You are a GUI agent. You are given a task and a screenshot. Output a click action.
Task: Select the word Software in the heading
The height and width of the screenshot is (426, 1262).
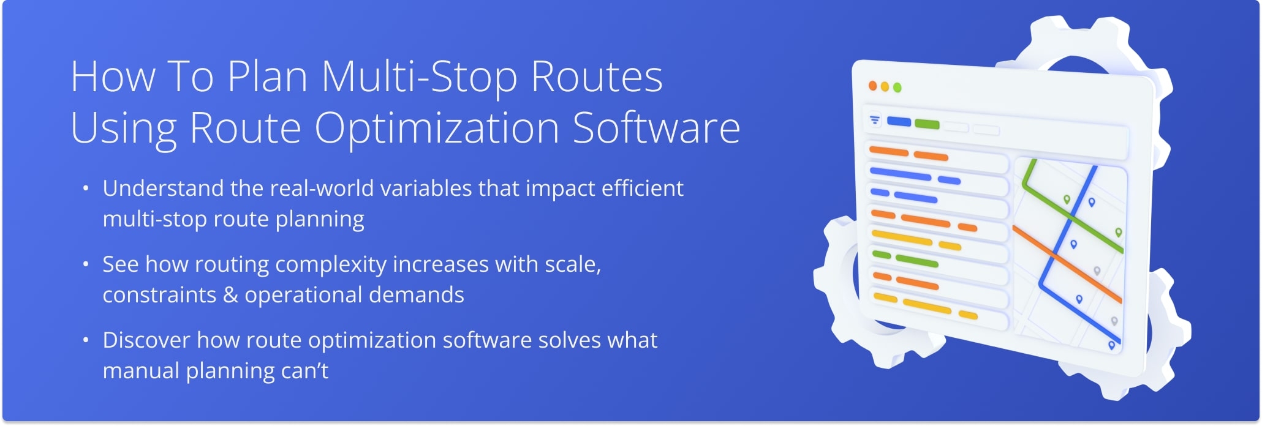pyautogui.click(x=656, y=129)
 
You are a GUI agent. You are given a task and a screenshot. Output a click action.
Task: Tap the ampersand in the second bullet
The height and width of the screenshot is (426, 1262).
pyautogui.click(x=230, y=295)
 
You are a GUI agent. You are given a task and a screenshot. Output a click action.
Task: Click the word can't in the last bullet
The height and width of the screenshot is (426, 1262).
pyautogui.click(x=306, y=371)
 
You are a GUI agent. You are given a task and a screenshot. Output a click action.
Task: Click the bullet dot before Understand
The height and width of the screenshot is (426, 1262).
pyautogui.click(x=86, y=189)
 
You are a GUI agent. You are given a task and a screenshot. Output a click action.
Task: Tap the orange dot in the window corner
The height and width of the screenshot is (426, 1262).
pyautogui.click(x=872, y=86)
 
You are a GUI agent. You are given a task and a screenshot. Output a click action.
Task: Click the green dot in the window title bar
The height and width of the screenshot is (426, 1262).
pyautogui.click(x=897, y=88)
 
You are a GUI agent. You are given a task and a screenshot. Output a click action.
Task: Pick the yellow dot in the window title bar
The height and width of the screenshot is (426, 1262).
pyautogui.click(x=885, y=87)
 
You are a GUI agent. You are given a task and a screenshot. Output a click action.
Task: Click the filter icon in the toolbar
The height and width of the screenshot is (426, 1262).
pyautogui.click(x=874, y=120)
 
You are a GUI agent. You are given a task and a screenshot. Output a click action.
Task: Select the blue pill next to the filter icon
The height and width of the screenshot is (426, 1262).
pyautogui.click(x=899, y=122)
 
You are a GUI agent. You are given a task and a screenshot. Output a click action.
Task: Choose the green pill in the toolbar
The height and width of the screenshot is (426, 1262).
pyautogui.click(x=926, y=124)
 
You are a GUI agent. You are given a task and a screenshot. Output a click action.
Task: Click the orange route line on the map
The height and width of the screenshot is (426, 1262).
pyautogui.click(x=1066, y=263)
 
